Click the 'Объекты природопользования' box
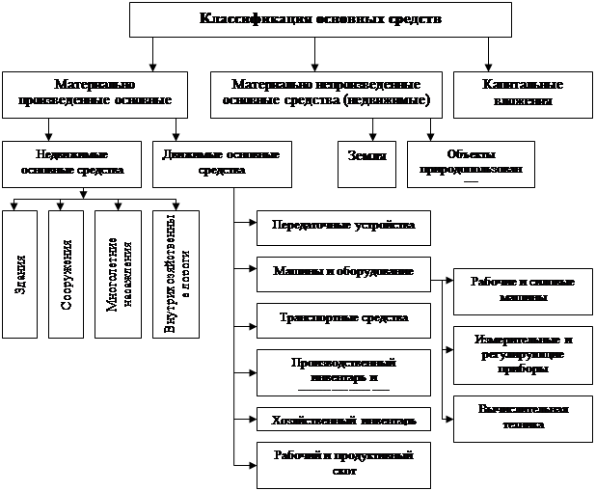point(470,164)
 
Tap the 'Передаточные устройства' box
point(342,226)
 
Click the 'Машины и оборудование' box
point(342,272)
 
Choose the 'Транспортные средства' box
point(342,317)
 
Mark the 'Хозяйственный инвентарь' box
point(342,421)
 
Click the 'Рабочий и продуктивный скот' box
point(342,463)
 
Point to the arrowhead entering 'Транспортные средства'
point(252,317)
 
